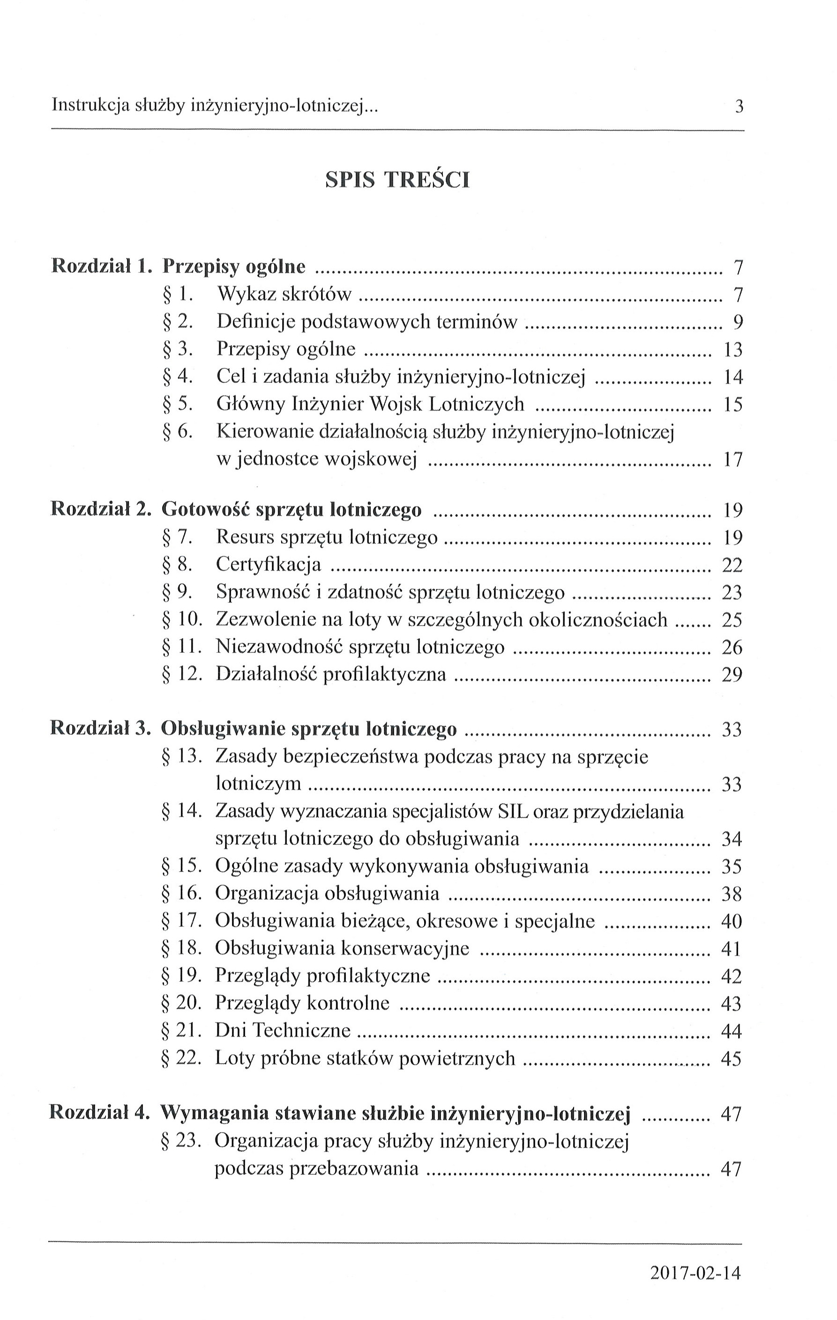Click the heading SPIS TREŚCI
click(397, 180)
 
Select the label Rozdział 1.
click(100, 267)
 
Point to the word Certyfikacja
click(269, 564)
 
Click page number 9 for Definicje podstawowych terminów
click(738, 322)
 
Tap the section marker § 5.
click(178, 404)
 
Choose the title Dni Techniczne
click(283, 1030)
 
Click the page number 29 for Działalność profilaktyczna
click(732, 675)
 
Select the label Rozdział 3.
click(100, 729)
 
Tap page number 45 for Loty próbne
click(731, 1059)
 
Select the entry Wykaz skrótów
click(284, 294)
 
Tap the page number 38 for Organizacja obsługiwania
click(731, 895)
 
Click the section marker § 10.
click(182, 619)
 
